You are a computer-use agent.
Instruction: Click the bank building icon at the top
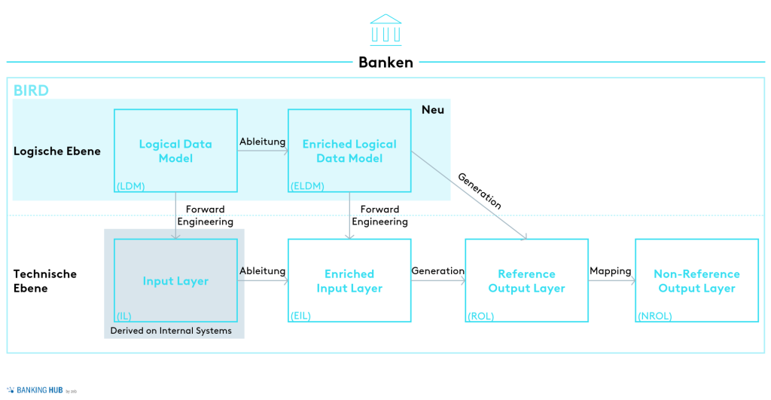385,29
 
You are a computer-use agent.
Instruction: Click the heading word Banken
385,63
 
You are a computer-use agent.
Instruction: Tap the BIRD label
31,91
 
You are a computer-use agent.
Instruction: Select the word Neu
433,110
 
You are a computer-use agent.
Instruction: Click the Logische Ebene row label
57,151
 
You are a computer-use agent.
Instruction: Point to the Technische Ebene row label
45,281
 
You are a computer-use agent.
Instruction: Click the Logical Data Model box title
175,151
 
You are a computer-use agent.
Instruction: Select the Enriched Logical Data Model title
349,151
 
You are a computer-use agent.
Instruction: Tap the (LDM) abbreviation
130,185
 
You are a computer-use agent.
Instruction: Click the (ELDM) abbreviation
307,185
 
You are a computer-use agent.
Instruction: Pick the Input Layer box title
175,281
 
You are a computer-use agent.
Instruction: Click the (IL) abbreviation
124,316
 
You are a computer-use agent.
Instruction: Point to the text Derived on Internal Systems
171,331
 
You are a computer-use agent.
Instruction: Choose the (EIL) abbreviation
301,316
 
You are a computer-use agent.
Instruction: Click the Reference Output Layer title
526,281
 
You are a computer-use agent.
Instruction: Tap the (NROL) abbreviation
655,316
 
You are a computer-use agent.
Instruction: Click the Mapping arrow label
611,271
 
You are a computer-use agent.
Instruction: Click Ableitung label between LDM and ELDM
262,141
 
